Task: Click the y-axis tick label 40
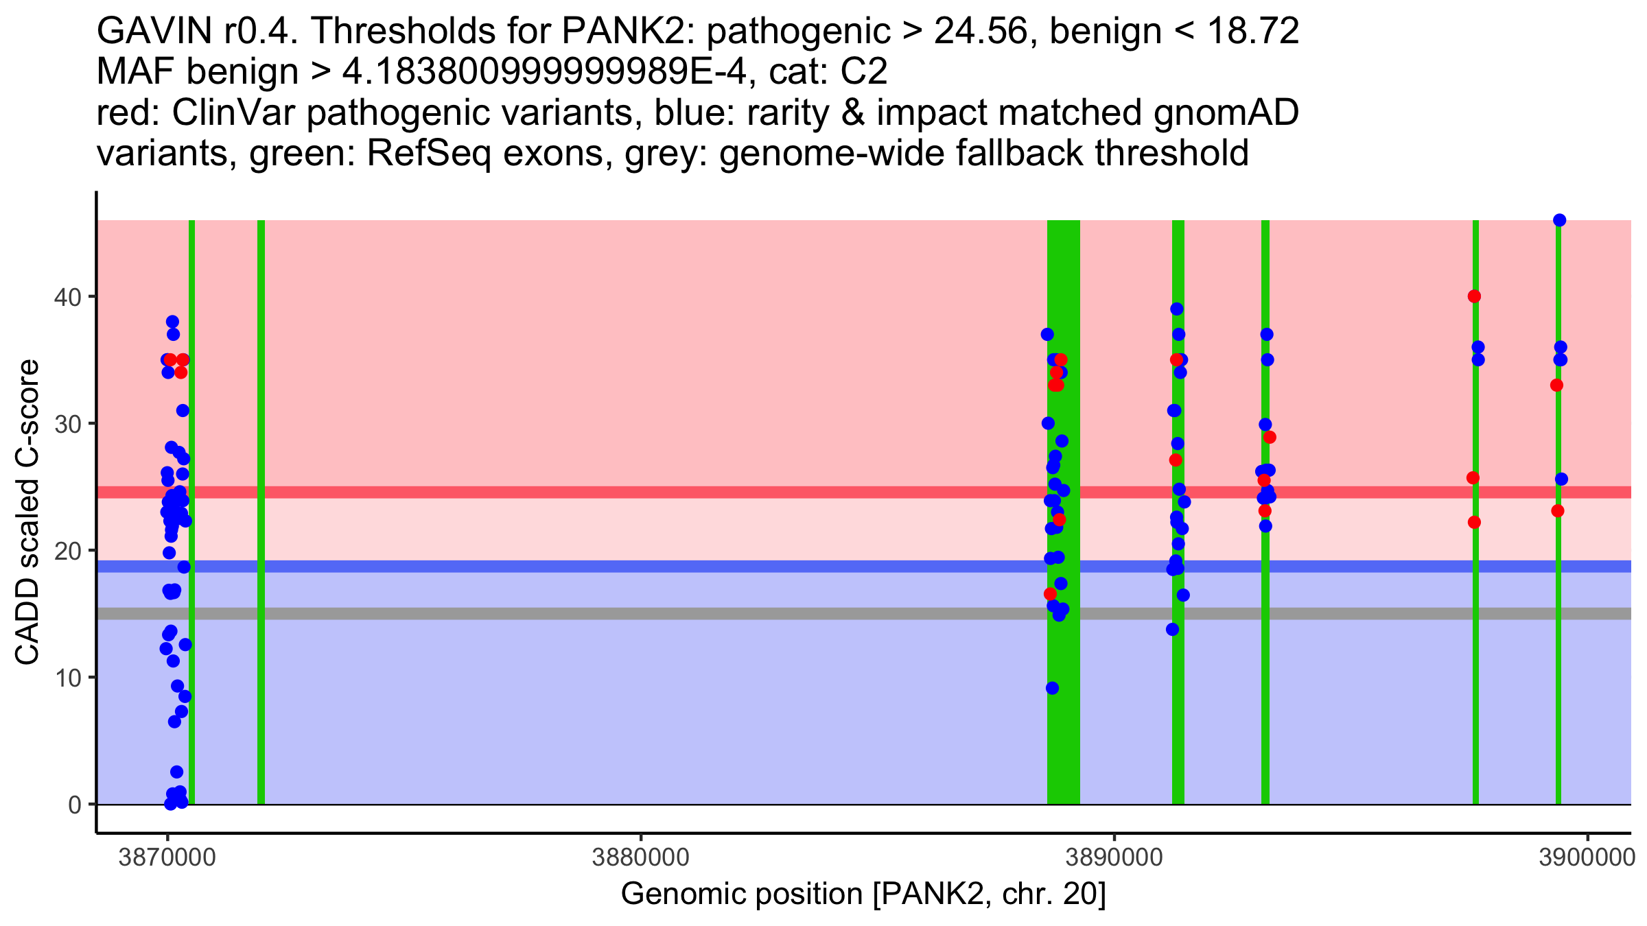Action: click(67, 297)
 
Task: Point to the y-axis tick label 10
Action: click(67, 678)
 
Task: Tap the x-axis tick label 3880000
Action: click(640, 858)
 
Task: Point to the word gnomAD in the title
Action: click(1226, 112)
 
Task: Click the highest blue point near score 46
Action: click(1559, 220)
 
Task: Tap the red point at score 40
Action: click(1474, 296)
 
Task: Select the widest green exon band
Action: click(1063, 512)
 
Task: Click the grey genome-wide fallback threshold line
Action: click(686, 613)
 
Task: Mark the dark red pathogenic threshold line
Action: click(686, 492)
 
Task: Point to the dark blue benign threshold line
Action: click(686, 567)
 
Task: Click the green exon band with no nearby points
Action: click(261, 512)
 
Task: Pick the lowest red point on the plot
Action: click(1050, 594)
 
